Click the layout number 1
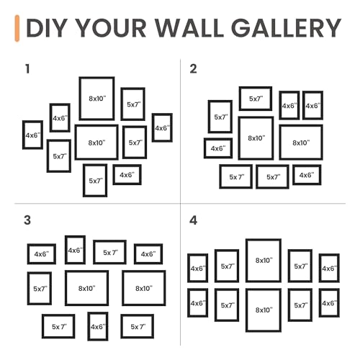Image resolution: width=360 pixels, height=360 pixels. [27, 69]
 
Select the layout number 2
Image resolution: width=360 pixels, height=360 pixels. [193, 69]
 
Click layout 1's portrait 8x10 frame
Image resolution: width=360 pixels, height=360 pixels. [96, 98]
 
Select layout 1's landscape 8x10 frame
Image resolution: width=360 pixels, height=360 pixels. [96, 143]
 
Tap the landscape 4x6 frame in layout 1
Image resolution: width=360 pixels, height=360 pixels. [127, 174]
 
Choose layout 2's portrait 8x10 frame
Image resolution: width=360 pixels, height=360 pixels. [256, 138]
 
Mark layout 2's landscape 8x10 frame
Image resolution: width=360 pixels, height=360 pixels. [301, 143]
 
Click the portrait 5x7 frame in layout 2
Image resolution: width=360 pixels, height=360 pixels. [220, 117]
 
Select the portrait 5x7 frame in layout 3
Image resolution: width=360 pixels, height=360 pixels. [40, 289]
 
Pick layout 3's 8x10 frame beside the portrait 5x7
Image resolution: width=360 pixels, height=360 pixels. [86, 288]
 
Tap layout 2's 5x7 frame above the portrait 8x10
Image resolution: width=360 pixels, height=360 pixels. [256, 99]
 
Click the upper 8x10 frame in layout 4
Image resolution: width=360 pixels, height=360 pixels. [263, 261]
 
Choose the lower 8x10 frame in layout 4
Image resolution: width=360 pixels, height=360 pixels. [263, 310]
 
